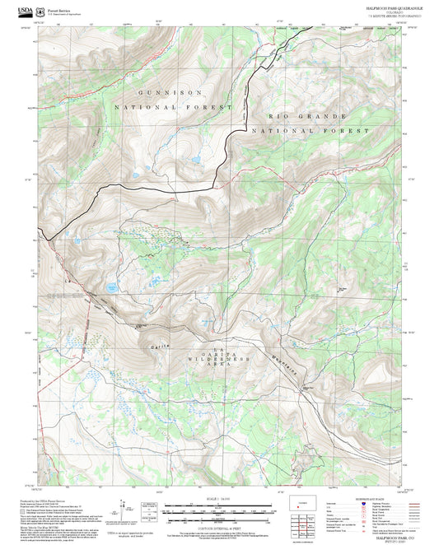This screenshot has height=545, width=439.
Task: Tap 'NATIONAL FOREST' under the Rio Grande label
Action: pyautogui.click(x=311, y=130)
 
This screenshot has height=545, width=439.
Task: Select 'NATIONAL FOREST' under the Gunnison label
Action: pyautogui.click(x=159, y=108)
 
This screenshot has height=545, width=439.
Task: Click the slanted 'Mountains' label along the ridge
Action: pyautogui.click(x=287, y=363)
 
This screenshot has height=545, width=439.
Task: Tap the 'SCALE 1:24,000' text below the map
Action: pyautogui.click(x=218, y=501)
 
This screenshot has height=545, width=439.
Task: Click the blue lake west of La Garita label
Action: pyautogui.click(x=110, y=287)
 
